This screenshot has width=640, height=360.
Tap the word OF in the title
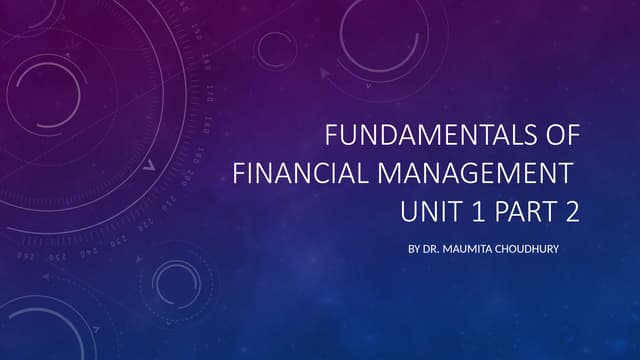coord(558,136)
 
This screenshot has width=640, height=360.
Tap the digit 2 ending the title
coord(572,212)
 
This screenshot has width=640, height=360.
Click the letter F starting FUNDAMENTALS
coord(334,136)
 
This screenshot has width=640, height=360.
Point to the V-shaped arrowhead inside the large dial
coord(149,166)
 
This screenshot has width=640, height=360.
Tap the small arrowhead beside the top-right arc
coord(324,73)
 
